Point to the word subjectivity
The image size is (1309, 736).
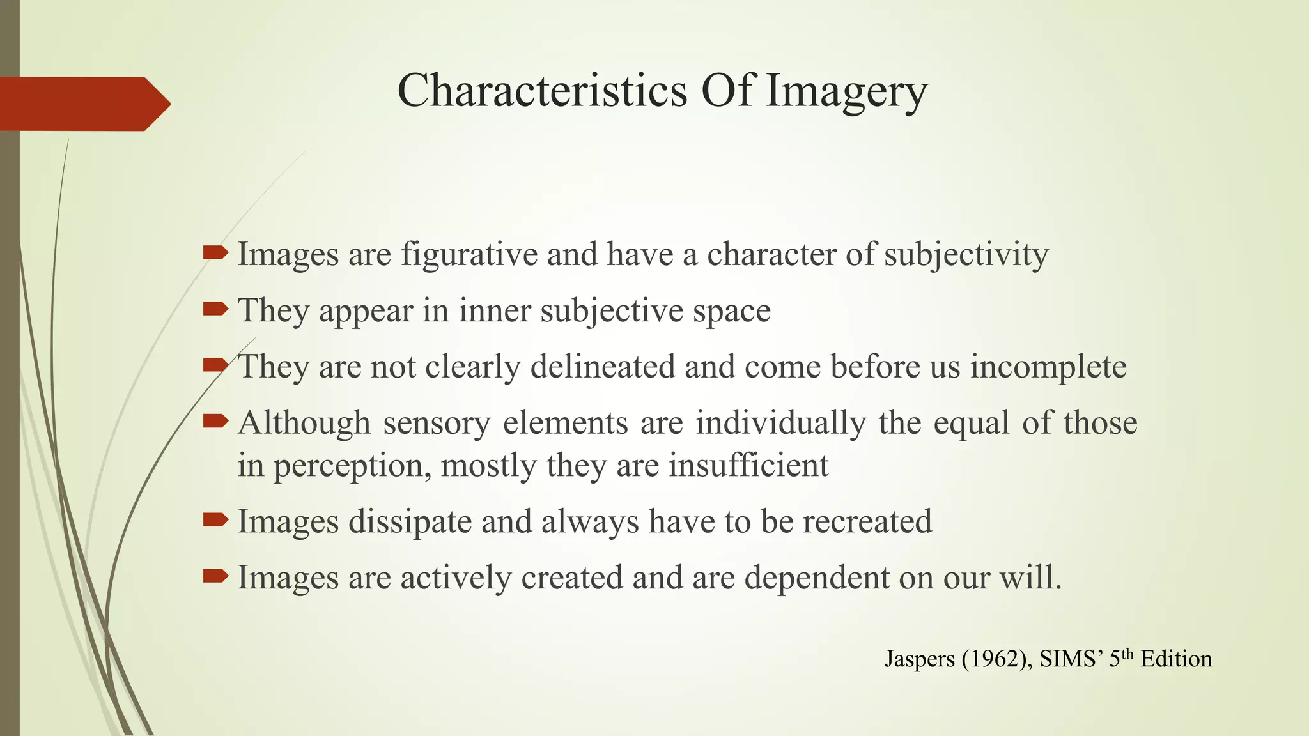tap(966, 255)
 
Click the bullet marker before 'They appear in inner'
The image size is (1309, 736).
tap(215, 309)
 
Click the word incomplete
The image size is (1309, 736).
tap(1048, 367)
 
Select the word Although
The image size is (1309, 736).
tap(304, 423)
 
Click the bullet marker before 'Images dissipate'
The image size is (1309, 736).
tap(215, 520)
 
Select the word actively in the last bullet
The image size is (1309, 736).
tap(456, 578)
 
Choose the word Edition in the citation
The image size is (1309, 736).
tap(1176, 659)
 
